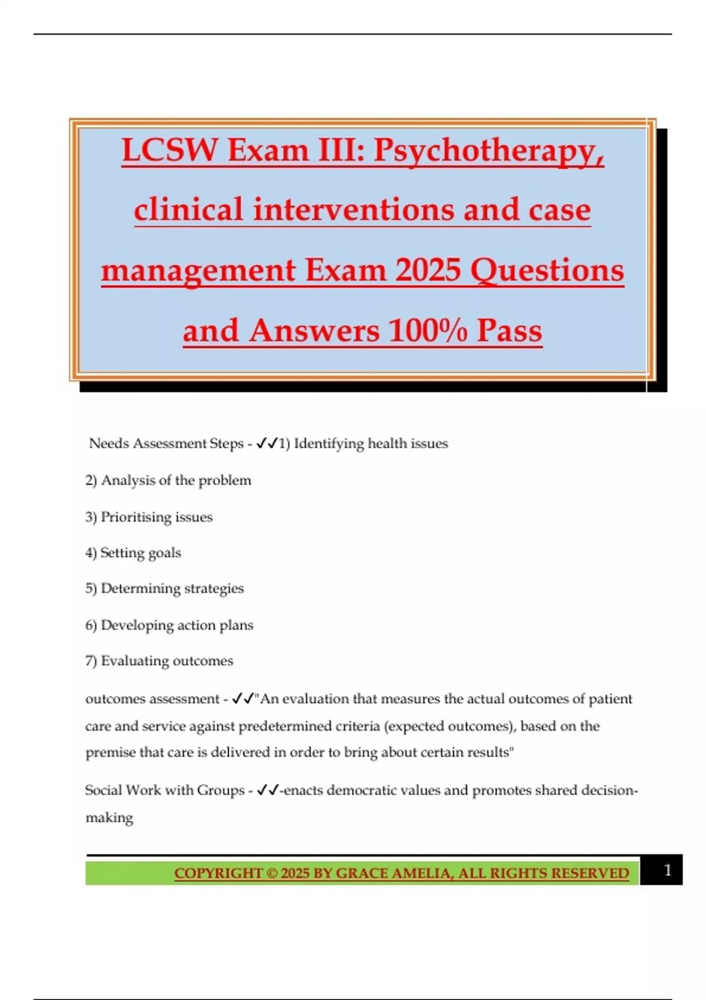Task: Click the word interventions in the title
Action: click(x=354, y=210)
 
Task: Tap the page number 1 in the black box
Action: click(x=667, y=870)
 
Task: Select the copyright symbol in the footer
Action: click(x=271, y=873)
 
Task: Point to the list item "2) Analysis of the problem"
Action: click(x=168, y=481)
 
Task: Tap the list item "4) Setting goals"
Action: click(x=134, y=553)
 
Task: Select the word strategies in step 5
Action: click(x=214, y=589)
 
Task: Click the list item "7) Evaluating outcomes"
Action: click(x=159, y=661)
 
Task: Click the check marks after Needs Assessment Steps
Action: click(x=267, y=443)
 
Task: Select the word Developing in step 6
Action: click(x=136, y=625)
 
